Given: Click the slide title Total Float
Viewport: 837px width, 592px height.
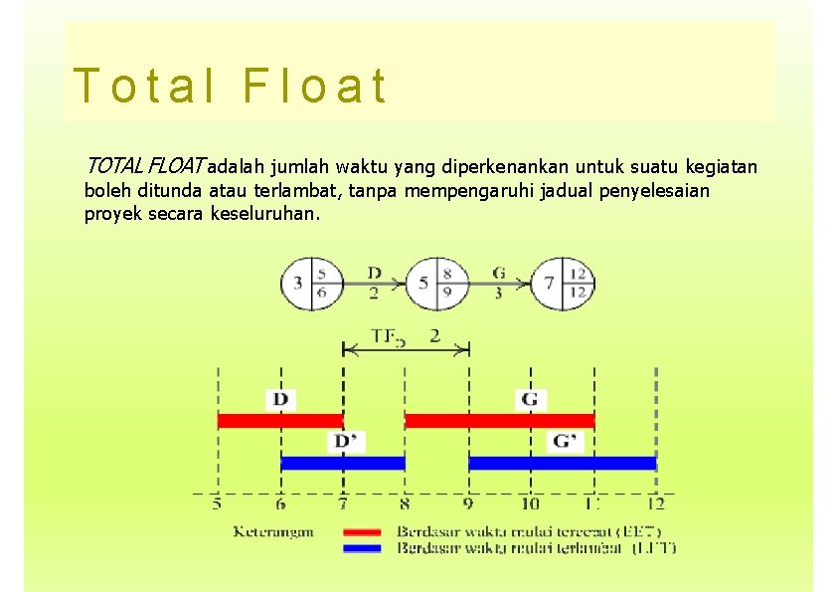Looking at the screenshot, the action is [x=230, y=87].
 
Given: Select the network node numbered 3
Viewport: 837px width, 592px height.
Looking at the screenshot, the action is [x=312, y=283].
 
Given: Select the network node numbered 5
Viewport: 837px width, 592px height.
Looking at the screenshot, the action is [x=437, y=283].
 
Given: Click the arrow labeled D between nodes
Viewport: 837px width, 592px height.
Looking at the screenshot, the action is [x=374, y=284].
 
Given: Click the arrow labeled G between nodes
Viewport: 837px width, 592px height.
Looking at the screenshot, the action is [x=499, y=284].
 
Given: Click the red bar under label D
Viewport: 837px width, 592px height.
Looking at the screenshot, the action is [x=280, y=421].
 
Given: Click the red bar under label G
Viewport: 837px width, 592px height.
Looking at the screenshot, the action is [x=499, y=421].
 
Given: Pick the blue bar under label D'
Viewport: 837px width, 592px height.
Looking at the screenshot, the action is [x=343, y=463].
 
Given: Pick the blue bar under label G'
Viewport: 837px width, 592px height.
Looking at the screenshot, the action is [x=562, y=463].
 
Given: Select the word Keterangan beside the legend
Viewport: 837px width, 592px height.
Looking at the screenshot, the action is [x=273, y=531].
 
